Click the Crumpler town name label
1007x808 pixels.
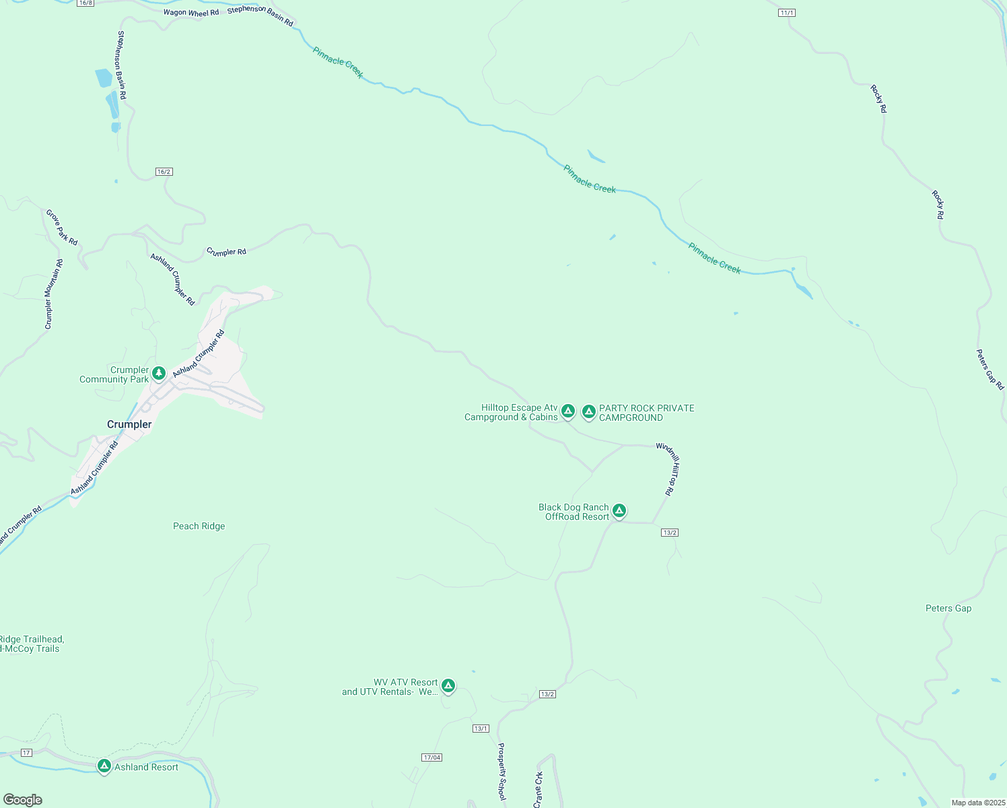tap(129, 424)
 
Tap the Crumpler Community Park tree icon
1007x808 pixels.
tap(159, 373)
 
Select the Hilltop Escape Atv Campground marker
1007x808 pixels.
tap(568, 411)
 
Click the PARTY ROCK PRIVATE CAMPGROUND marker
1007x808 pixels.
tap(589, 411)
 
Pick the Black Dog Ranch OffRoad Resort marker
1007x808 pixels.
tap(619, 511)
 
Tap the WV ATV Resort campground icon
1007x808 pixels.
tap(448, 686)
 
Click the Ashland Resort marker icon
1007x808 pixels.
tap(104, 766)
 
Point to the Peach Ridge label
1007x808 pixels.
tap(199, 527)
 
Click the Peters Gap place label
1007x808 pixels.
tap(948, 608)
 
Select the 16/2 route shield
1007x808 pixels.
tap(164, 172)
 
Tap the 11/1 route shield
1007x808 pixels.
tap(788, 13)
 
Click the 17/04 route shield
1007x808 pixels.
tap(432, 757)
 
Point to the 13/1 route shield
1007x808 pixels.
tap(481, 729)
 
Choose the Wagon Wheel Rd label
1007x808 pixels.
tap(191, 13)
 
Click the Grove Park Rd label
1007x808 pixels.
tap(62, 227)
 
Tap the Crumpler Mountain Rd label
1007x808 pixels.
tap(54, 294)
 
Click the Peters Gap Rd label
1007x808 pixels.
tap(990, 369)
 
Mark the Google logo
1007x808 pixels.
tap(23, 800)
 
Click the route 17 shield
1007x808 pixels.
tap(26, 752)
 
